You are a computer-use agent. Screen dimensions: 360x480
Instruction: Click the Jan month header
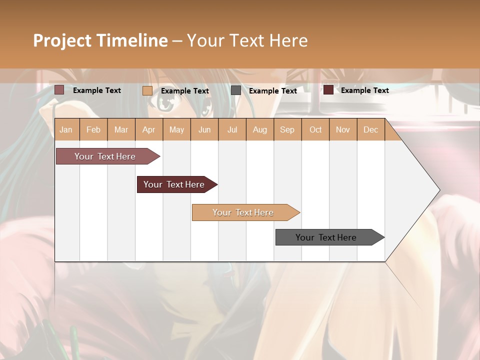(x=66, y=130)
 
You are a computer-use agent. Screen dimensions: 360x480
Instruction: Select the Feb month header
(x=93, y=130)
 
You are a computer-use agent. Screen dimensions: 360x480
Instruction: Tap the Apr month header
(x=148, y=130)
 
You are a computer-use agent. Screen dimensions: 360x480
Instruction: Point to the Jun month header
(x=204, y=130)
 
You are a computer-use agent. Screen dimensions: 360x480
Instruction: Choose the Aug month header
(x=259, y=130)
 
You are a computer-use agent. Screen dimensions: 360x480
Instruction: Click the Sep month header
(x=287, y=130)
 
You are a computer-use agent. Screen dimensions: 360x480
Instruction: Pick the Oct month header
(x=315, y=130)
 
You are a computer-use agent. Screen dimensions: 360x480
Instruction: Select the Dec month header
(x=370, y=130)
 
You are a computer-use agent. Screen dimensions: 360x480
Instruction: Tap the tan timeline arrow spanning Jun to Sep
(x=244, y=212)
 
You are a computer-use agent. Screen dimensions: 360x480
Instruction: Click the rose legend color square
(x=59, y=90)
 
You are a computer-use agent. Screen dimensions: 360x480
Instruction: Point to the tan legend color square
(x=147, y=90)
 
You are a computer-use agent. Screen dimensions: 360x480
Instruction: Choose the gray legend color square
(x=236, y=90)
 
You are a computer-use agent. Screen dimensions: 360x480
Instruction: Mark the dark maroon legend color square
(x=328, y=90)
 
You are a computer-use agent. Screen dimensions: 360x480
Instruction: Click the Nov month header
(x=343, y=130)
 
